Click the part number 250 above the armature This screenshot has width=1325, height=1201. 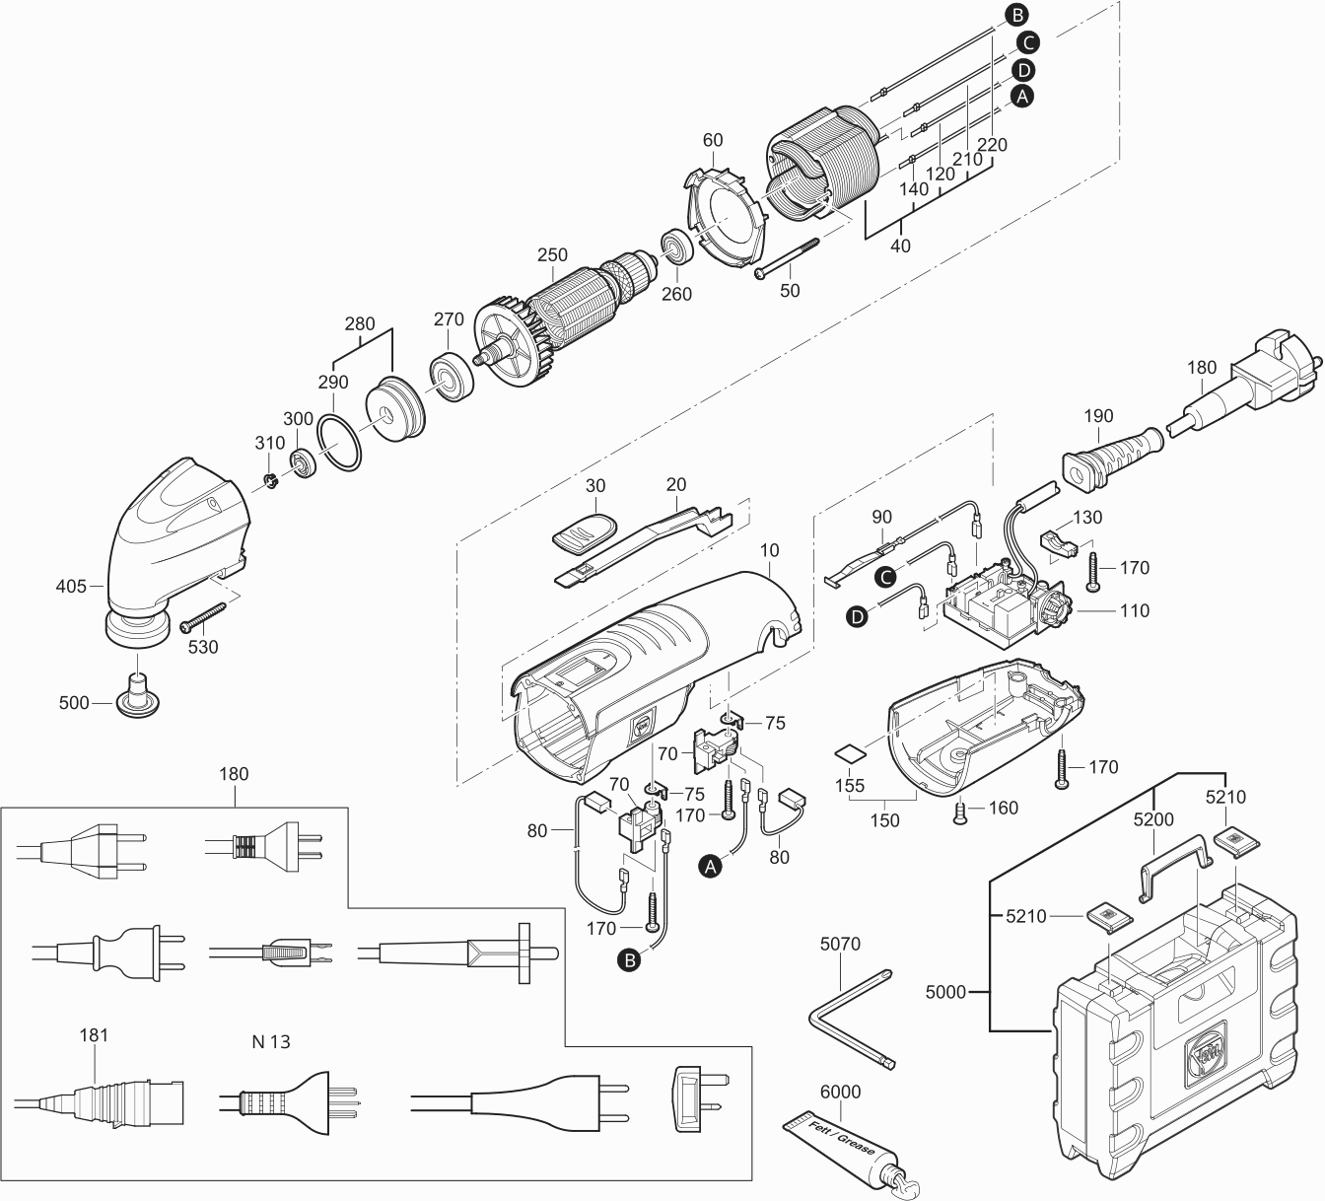coord(552,255)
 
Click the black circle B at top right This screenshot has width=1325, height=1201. coord(1015,14)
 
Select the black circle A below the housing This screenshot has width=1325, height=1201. coord(708,865)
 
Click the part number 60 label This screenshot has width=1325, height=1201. coord(712,140)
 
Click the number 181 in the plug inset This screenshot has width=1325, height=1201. coord(94,1035)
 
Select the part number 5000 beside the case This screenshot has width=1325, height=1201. coord(946,992)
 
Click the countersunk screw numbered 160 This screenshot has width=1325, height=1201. coord(960,812)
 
